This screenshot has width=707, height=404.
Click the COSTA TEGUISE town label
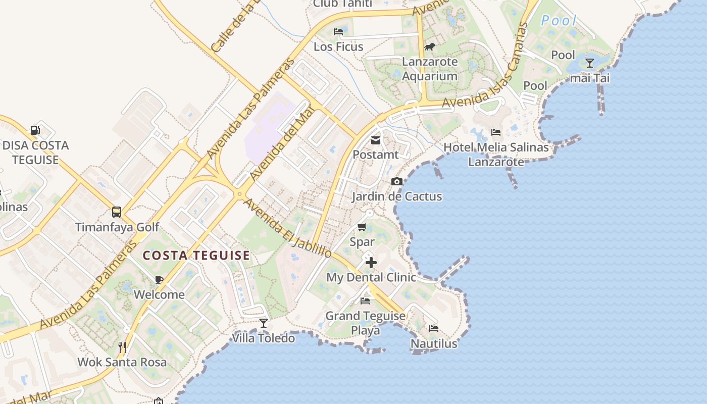pos(196,256)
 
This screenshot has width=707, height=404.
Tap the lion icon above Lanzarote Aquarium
pos(430,47)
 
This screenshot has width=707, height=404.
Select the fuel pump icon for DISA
pos(35,130)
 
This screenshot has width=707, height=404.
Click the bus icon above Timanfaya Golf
pos(117,212)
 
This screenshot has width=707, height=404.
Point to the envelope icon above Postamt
pos(376,140)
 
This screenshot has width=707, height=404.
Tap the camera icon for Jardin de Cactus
pos(397,182)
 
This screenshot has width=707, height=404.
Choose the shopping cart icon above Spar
pos(362,227)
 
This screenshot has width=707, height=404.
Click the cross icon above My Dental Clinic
pos(371,263)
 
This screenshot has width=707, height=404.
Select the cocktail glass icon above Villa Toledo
pos(263,323)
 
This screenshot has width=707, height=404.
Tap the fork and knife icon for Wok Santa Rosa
pos(122,347)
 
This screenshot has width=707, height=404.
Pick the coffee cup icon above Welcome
pos(159,280)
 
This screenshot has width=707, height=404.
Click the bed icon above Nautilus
pos(433,329)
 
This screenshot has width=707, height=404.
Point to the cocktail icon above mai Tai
pos(589,63)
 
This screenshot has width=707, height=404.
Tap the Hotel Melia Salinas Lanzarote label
pos(496,155)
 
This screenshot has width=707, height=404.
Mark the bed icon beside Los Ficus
pos(338,32)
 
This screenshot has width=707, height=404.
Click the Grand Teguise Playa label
pos(365,323)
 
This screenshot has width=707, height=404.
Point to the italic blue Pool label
pos(559,21)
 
